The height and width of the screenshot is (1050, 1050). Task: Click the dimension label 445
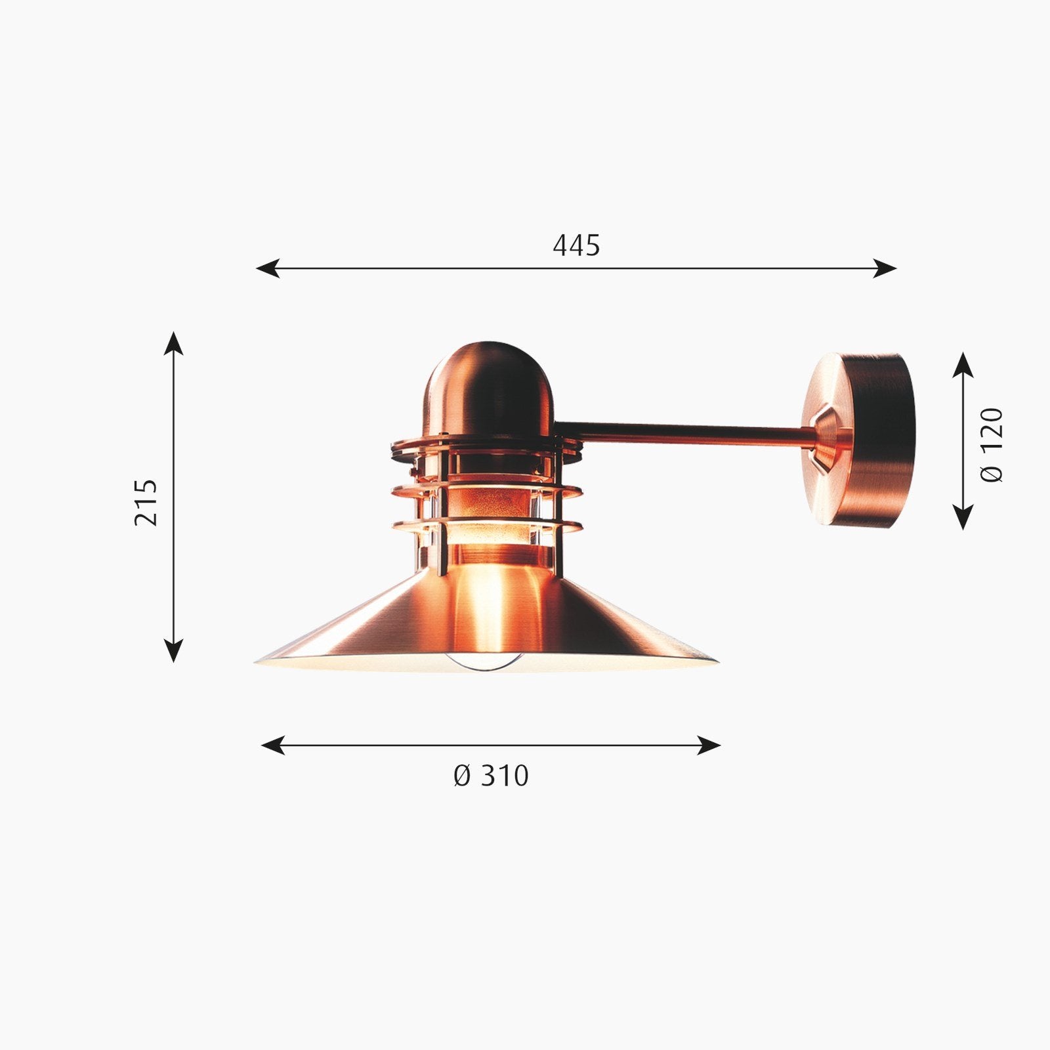click(576, 245)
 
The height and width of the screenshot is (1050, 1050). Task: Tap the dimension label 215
click(146, 502)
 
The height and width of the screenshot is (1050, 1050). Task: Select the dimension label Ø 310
click(491, 776)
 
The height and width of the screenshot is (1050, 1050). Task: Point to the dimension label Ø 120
click(992, 445)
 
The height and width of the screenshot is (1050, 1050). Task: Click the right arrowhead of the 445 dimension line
click(885, 268)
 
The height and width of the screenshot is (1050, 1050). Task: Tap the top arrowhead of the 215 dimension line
click(173, 343)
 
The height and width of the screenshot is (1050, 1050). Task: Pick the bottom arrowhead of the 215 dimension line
click(173, 650)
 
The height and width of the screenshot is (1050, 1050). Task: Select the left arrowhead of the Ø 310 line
click(273, 745)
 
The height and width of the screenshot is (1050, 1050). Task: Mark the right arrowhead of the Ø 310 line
click(709, 745)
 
